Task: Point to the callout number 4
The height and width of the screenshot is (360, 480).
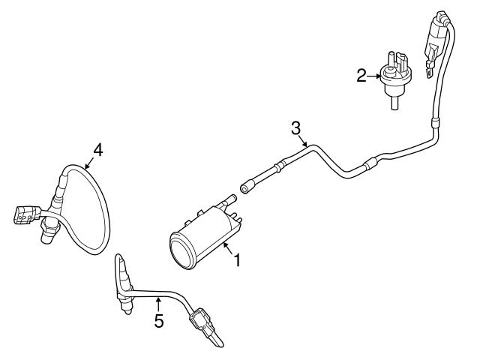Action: [97, 148]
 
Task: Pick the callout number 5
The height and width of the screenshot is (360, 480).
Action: [158, 321]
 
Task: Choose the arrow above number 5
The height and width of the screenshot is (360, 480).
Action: [158, 304]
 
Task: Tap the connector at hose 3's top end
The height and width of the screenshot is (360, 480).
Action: [437, 38]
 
